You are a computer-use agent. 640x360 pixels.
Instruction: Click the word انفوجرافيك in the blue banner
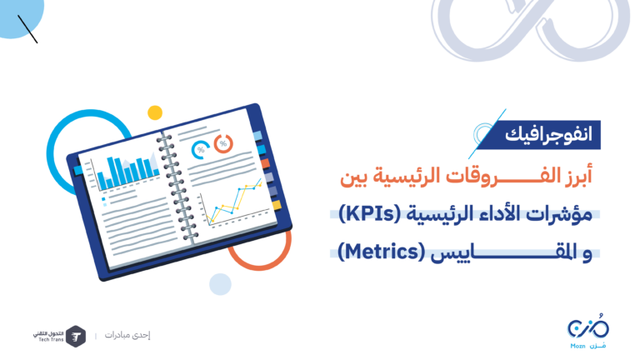click(548, 134)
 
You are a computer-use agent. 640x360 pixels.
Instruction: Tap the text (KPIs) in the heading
click(370, 213)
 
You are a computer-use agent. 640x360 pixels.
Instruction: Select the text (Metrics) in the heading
click(382, 252)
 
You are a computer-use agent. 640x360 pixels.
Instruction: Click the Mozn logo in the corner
click(588, 332)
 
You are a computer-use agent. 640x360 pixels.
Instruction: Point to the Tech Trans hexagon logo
click(76, 337)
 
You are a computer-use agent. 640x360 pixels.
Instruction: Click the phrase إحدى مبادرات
click(127, 335)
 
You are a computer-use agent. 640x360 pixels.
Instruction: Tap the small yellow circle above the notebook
click(155, 112)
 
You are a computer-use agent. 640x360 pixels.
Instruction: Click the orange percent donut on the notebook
click(223, 143)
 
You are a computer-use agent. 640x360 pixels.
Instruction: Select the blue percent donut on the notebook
click(200, 150)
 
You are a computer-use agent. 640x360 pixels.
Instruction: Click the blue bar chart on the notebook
click(127, 172)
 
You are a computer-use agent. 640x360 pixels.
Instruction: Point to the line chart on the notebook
click(234, 202)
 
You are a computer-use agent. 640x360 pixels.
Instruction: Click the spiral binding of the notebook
click(177, 187)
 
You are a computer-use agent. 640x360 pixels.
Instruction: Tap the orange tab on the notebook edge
click(265, 163)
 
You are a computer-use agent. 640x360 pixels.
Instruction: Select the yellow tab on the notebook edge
click(277, 205)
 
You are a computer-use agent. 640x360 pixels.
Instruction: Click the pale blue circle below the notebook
click(220, 284)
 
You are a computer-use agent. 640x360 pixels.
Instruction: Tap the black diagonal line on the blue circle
click(27, 29)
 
